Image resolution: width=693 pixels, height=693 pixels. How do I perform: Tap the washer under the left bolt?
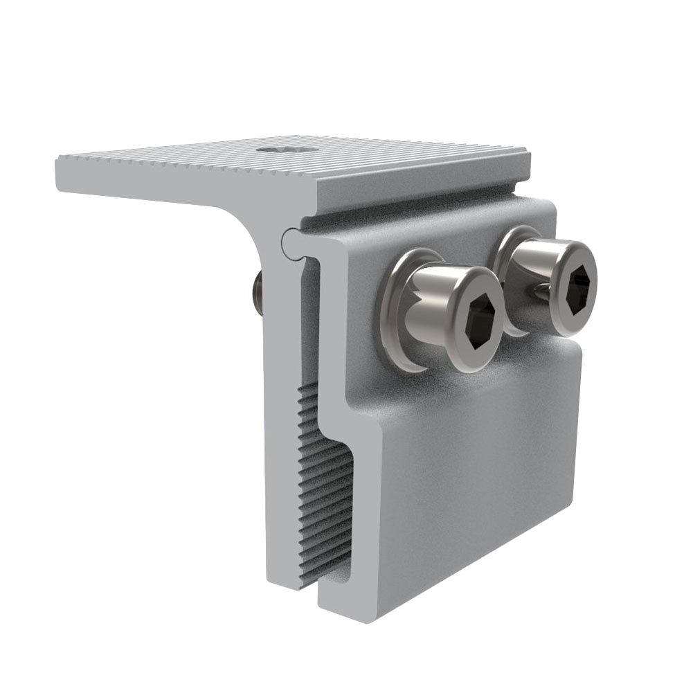click(x=393, y=312)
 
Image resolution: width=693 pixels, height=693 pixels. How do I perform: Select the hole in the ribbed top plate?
click(x=285, y=149)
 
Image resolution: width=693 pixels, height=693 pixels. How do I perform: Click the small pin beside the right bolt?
click(x=541, y=295)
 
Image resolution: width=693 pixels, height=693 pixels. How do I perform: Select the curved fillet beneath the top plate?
click(x=239, y=215)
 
